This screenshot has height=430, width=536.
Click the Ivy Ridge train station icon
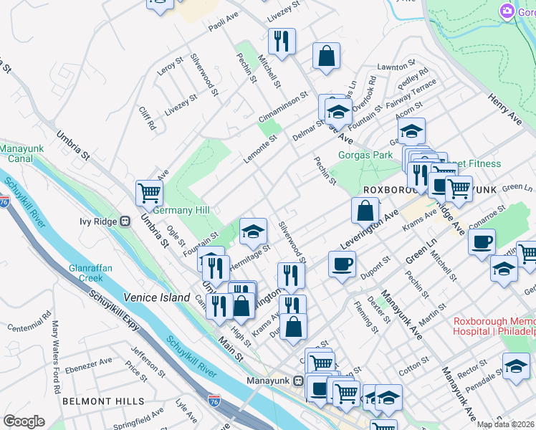125,221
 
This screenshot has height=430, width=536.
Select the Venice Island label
150,296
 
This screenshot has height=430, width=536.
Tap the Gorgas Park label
365,155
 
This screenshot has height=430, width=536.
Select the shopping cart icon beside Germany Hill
149,192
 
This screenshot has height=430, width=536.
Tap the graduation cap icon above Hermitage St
253,231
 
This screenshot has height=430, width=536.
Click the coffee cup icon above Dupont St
342,264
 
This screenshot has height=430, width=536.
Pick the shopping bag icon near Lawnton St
326,57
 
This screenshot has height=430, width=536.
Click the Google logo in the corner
24,421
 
